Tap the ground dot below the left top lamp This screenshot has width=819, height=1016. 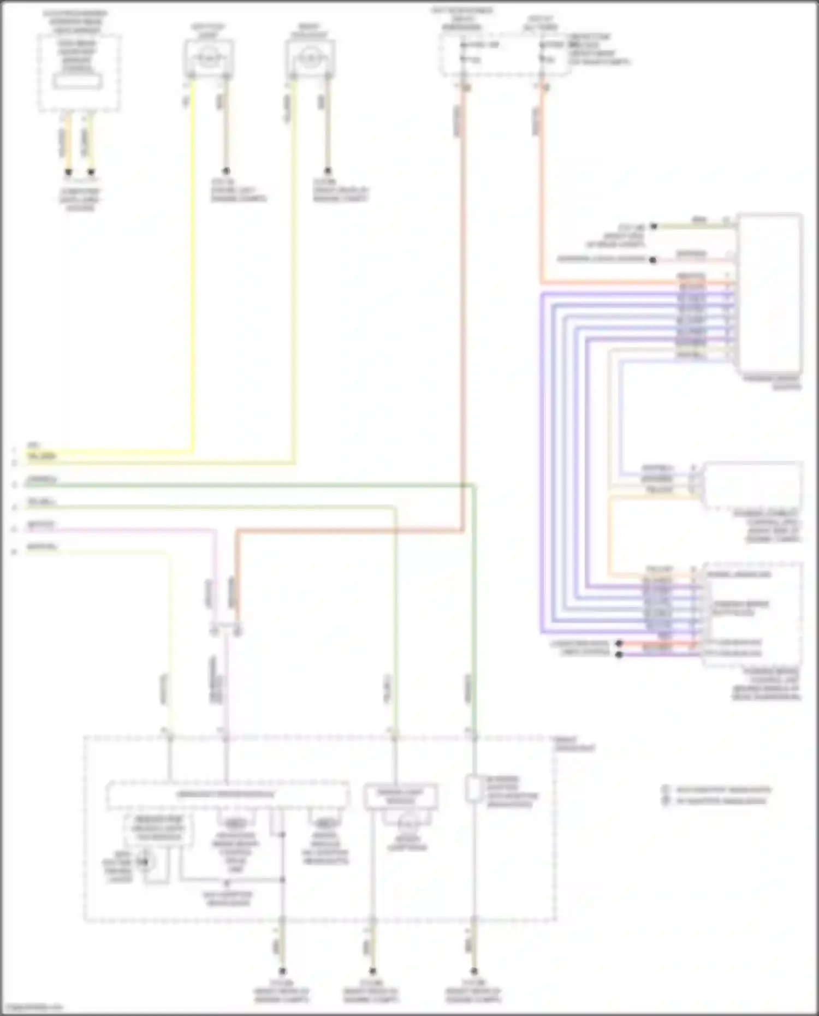225,171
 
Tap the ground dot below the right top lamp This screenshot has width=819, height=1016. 328,171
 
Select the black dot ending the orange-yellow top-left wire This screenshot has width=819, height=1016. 68,173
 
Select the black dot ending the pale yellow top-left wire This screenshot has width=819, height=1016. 91,173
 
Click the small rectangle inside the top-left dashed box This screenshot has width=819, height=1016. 77,81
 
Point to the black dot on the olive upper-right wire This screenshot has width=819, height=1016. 654,226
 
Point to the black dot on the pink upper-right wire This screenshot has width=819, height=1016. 652,260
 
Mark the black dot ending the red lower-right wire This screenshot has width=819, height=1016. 619,644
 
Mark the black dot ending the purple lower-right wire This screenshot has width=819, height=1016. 619,654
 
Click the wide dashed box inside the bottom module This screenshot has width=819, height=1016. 227,794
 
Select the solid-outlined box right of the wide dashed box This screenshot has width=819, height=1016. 401,797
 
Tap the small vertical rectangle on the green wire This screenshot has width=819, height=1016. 473,788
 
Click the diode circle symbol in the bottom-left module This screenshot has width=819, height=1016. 145,861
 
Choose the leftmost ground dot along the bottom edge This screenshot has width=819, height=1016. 282,971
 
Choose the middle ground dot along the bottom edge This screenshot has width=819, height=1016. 372,971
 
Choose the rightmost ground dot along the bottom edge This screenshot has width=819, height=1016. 474,971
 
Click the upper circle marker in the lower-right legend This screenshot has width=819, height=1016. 666,790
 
